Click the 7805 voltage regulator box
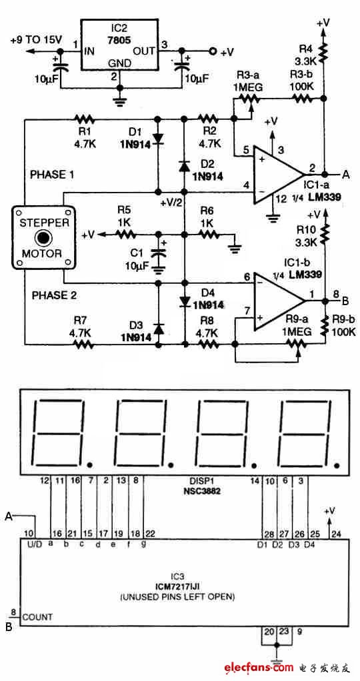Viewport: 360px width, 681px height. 120,44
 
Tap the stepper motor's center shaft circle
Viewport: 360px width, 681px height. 45,237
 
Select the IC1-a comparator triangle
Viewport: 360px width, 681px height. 280,174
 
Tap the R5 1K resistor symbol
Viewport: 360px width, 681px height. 125,235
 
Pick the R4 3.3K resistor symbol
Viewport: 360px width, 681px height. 324,51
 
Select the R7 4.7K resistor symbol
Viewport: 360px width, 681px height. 83,344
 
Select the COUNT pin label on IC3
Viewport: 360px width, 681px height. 37,617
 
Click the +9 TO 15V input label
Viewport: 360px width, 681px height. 36,40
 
